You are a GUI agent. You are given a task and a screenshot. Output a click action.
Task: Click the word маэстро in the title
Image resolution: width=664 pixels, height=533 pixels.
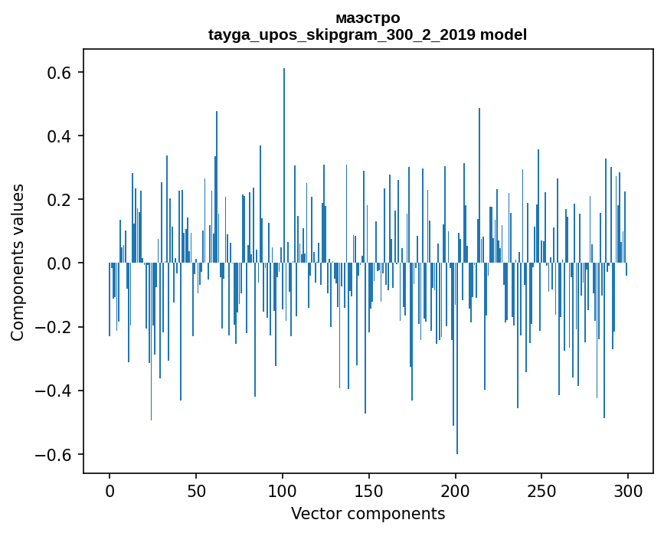368,18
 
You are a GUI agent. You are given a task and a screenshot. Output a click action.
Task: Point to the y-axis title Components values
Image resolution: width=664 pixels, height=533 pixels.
18,262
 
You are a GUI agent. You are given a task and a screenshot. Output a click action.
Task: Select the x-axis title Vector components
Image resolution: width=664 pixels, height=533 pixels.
368,513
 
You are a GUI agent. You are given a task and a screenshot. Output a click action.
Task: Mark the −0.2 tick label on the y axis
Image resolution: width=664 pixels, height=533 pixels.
56,327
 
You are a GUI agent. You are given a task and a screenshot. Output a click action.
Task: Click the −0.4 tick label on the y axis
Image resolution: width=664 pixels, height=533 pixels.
56,391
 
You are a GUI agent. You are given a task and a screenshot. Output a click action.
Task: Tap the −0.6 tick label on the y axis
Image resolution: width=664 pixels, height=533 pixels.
56,454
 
